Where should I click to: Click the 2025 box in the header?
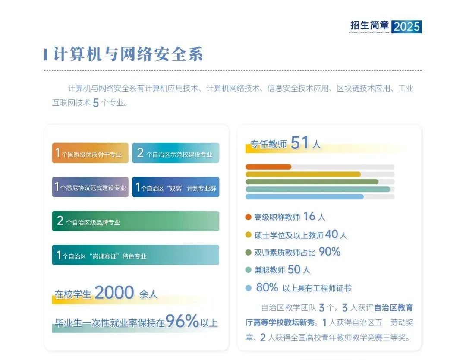tap(406, 26)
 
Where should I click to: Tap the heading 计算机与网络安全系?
tap(128, 55)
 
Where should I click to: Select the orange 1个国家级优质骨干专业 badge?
tap(90, 153)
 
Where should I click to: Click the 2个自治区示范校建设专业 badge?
tap(176, 153)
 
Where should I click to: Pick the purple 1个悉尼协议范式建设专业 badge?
tap(90, 187)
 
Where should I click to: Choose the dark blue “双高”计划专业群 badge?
tap(176, 187)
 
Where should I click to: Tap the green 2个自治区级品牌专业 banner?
tap(135, 221)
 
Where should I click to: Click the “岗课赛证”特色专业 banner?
tap(135, 255)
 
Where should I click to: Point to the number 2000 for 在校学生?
tap(114, 293)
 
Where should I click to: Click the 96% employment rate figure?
tap(182, 321)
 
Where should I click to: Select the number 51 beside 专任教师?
tap(300, 143)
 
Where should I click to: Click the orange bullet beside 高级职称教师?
tap(248, 217)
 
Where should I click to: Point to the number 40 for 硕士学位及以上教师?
tap(332, 234)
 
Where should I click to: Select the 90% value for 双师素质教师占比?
tap(330, 252)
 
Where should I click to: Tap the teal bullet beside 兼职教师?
tap(248, 270)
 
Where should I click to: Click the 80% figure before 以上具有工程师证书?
tap(267, 287)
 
